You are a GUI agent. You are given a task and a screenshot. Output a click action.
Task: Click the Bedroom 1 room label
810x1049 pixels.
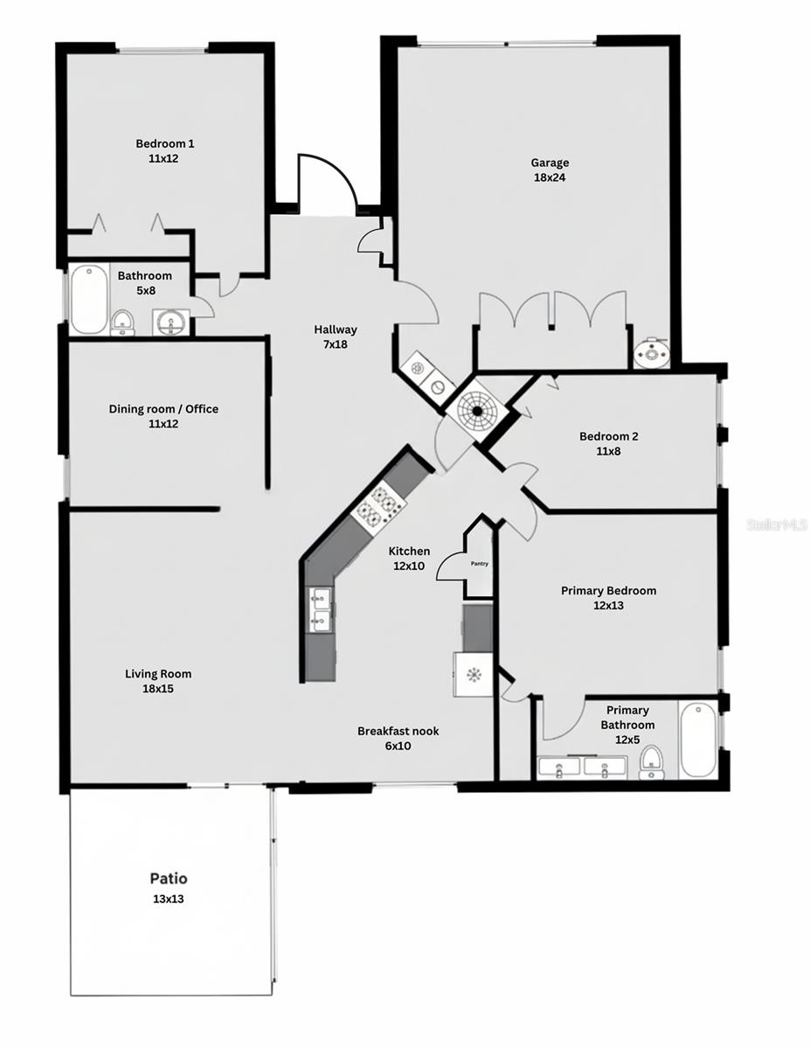164,144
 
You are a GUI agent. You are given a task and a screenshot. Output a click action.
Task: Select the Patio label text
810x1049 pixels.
168,879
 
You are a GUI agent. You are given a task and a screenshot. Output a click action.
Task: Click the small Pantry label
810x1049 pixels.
479,564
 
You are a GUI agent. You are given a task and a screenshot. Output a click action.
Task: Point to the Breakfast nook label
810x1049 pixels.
398,731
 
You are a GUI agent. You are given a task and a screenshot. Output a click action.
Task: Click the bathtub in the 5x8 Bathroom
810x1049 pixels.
88,299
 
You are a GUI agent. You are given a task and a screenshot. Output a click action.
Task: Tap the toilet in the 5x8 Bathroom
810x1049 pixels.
123,321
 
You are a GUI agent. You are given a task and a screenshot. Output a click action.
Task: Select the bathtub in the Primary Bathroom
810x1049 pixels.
697,740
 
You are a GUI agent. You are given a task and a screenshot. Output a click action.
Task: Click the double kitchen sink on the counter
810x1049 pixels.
321,609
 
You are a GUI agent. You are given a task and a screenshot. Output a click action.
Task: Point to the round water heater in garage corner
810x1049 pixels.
650,352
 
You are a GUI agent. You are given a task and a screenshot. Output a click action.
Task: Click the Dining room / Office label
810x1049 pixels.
163,409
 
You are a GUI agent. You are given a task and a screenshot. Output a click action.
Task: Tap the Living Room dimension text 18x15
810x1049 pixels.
158,689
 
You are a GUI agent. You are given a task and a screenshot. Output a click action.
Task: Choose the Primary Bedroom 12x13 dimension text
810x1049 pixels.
608,605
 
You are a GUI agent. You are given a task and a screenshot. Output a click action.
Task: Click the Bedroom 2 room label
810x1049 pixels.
609,437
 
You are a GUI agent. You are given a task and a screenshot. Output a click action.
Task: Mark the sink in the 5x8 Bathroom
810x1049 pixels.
170,323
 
